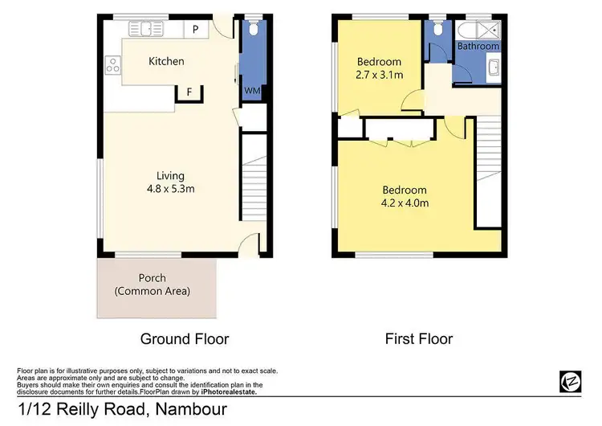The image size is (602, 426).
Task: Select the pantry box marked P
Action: pos(196,30)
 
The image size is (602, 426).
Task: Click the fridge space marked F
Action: pos(189,92)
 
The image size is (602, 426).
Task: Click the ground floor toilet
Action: pos(252,30)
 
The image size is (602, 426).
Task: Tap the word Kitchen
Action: pos(166,61)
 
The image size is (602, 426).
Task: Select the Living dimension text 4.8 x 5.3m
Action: pos(169,189)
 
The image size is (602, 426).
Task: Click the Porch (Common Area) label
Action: pos(153,285)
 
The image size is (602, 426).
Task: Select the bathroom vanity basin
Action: pos(493,68)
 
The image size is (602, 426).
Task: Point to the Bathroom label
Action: pos(478,47)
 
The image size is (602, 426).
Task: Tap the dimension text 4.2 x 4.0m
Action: pos(405,203)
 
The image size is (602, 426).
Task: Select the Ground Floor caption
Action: pos(185,338)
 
